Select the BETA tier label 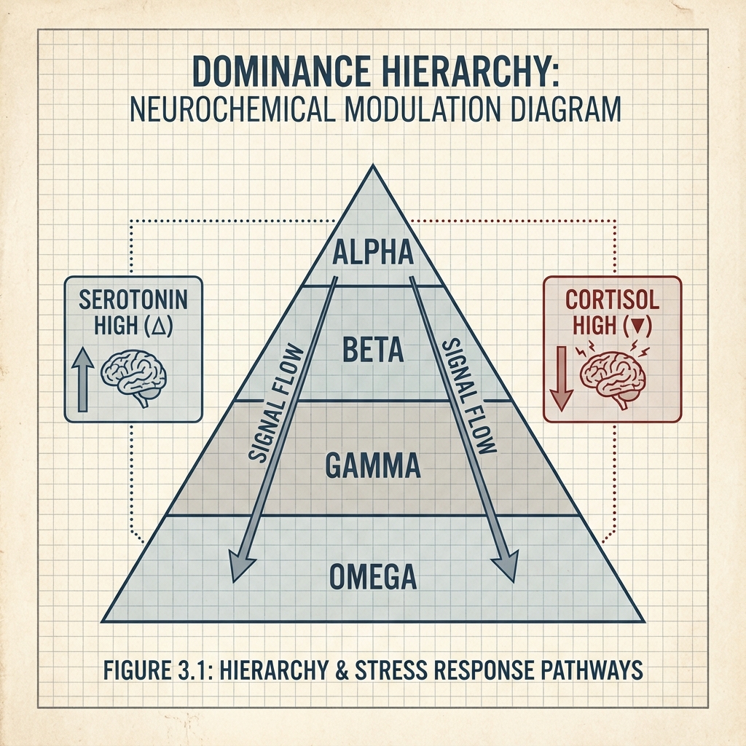tap(372, 350)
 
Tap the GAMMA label tap(372, 464)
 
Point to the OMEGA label tap(372, 576)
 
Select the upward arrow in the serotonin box tap(82, 379)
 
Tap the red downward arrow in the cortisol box tap(560, 379)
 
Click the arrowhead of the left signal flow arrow tap(240, 565)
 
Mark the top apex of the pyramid tap(372, 167)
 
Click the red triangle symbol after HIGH tap(636, 325)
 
